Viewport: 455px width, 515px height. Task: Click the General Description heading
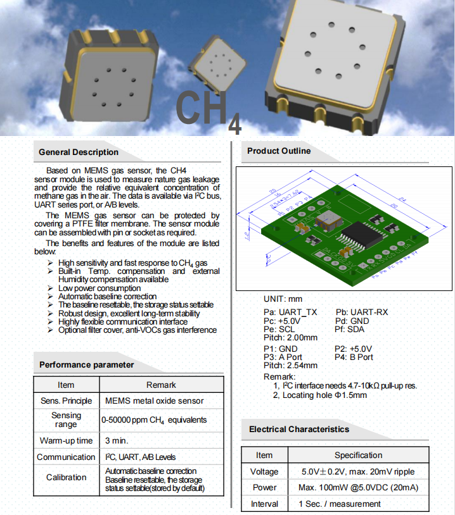point(79,152)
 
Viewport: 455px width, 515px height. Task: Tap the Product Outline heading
point(279,151)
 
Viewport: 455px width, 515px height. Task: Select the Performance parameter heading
point(87,364)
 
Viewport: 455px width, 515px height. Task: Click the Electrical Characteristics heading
point(299,429)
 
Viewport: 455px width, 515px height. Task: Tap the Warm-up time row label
point(66,440)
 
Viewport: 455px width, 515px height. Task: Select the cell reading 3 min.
point(117,440)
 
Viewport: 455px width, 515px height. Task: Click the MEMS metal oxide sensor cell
point(155,400)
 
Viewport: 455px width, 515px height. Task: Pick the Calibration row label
point(66,477)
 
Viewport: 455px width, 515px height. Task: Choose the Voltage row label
point(264,471)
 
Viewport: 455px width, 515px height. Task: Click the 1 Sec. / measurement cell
point(340,504)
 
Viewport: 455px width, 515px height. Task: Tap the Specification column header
point(358,455)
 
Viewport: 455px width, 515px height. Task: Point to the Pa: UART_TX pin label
point(290,313)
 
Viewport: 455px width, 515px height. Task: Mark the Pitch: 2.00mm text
point(290,337)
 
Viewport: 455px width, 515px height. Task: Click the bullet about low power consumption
point(99,288)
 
